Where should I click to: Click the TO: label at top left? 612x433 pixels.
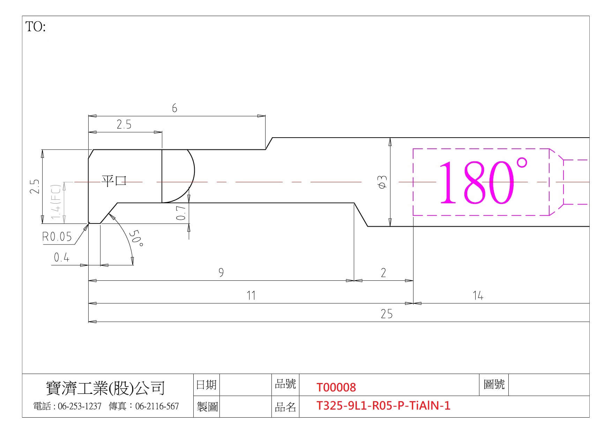[x=36, y=27]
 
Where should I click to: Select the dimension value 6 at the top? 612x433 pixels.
[x=174, y=108]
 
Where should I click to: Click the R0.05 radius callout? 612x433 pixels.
[x=57, y=237]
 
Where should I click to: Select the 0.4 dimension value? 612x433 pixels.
[x=62, y=258]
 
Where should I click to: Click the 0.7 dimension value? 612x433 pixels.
[x=181, y=213]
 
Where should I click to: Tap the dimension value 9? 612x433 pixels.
[x=221, y=272]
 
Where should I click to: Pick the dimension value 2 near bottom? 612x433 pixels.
[x=383, y=272]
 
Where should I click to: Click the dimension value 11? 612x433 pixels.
[x=251, y=295]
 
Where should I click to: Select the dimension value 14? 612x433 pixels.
[x=478, y=296]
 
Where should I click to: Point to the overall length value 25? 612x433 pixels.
[x=387, y=314]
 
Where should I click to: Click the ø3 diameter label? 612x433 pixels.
[x=383, y=182]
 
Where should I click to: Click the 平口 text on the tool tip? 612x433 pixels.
[x=114, y=181]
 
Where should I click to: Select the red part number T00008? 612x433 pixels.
[x=336, y=387]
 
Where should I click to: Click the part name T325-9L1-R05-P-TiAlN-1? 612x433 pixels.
[x=383, y=406]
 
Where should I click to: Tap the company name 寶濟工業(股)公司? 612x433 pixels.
[x=105, y=388]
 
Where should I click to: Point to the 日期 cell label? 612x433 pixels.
[x=207, y=385]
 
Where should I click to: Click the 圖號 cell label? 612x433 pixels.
[x=494, y=384]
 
